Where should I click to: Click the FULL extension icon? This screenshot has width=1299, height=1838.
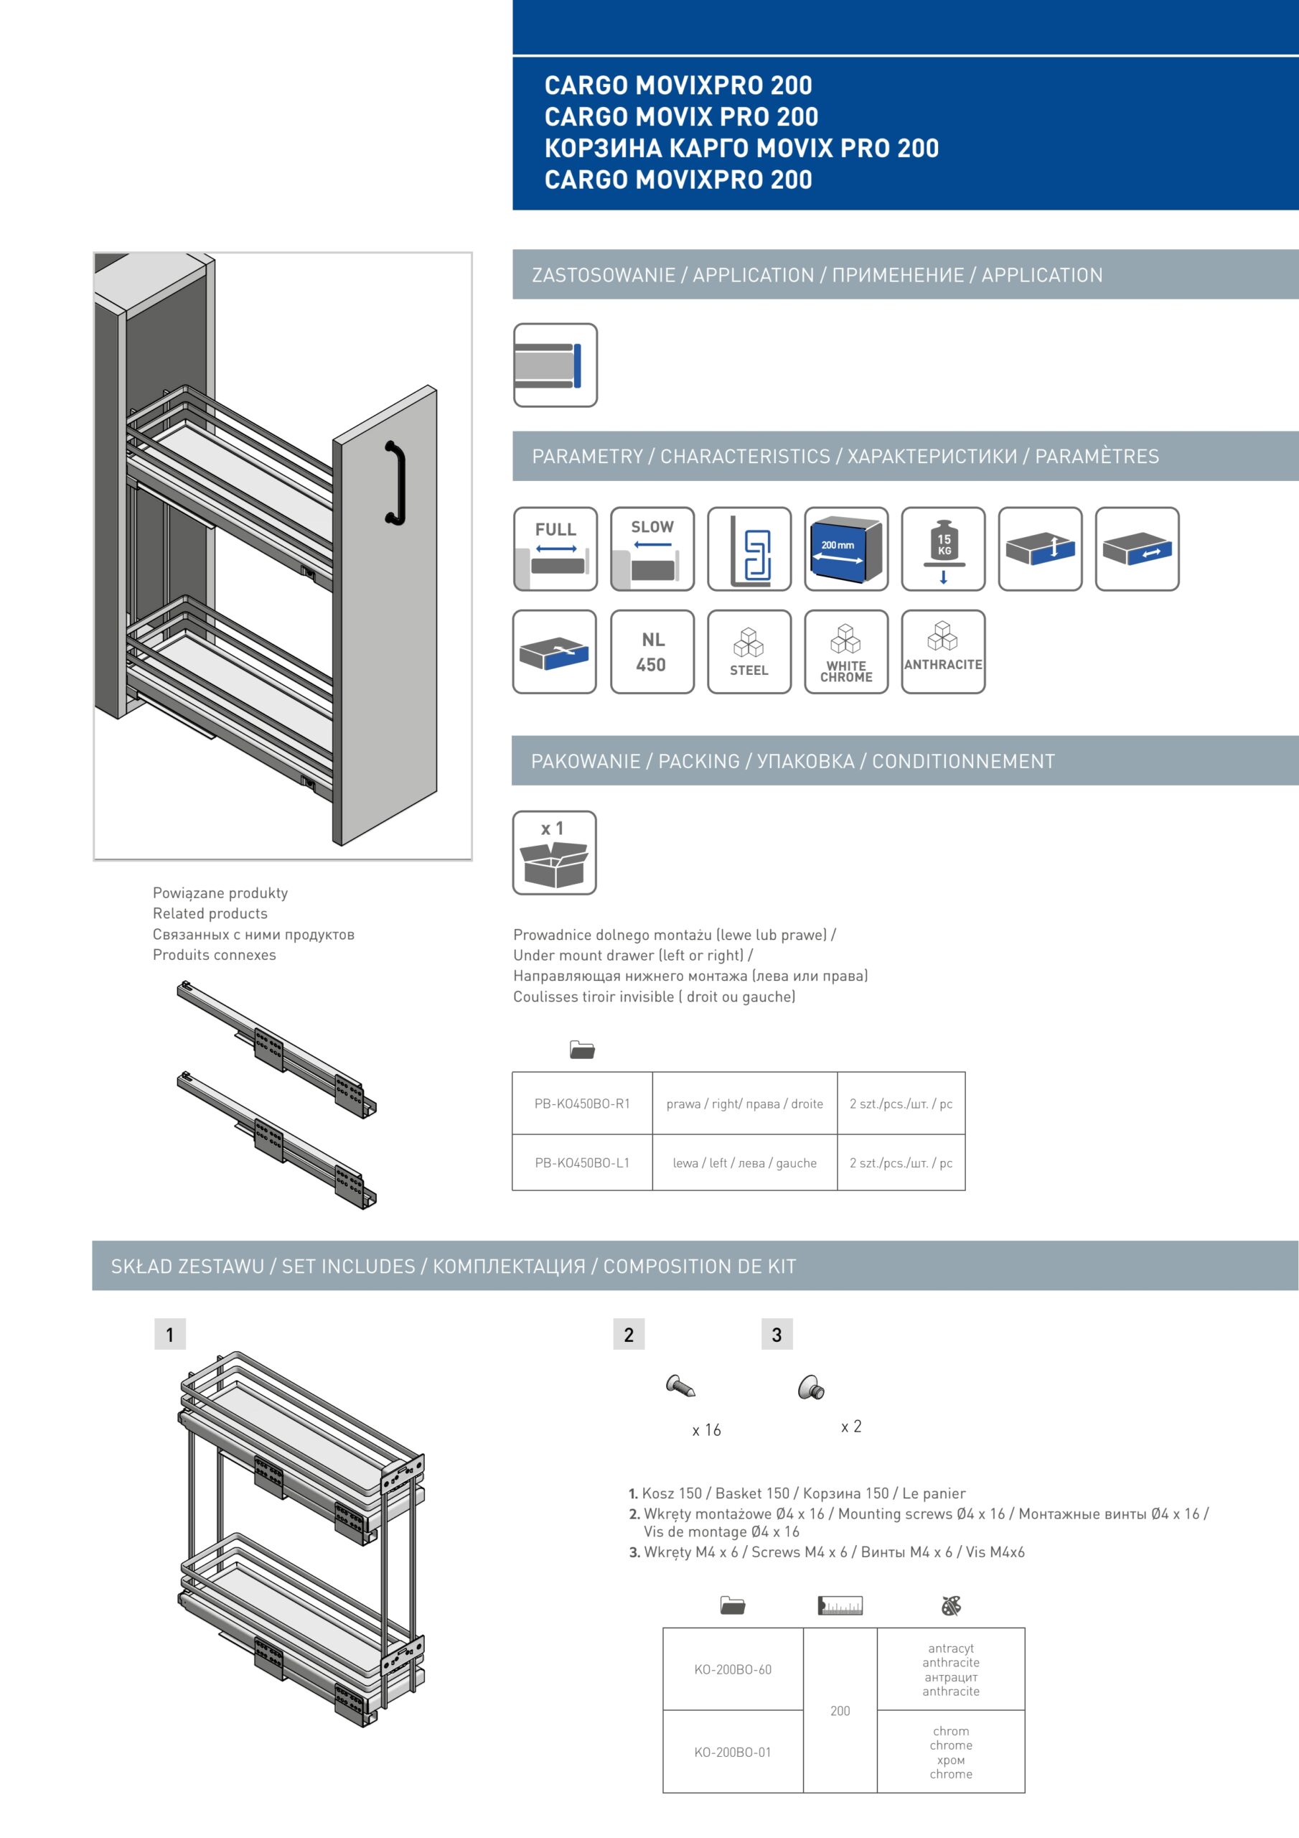(555, 549)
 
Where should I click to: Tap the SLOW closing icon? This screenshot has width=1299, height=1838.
(652, 549)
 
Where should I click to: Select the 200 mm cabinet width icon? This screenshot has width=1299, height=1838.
(845, 549)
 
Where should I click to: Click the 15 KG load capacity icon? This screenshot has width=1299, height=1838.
(943, 549)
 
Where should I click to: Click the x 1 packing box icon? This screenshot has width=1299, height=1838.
(554, 852)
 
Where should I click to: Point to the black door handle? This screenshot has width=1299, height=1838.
(395, 482)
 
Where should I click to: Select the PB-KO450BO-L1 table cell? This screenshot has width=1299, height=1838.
(582, 1162)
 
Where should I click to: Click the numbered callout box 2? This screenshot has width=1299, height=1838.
(628, 1335)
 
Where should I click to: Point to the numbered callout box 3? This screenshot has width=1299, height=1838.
(777, 1335)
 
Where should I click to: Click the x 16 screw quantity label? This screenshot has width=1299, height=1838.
(706, 1429)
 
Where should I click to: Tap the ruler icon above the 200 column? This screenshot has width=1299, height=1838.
(840, 1605)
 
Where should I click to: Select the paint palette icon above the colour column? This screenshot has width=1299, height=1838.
(951, 1605)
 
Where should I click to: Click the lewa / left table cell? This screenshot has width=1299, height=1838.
(744, 1162)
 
